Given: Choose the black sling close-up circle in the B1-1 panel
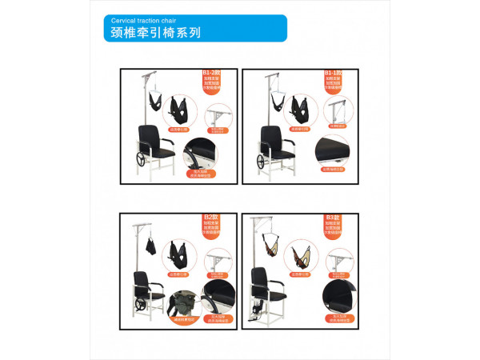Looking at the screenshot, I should pyautogui.click(x=302, y=107).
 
